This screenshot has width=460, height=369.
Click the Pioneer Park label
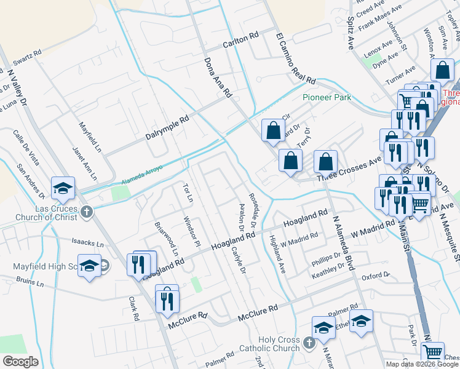pyautogui.click(x=327, y=97)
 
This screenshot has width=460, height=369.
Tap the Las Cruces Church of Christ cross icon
pyautogui.click(x=87, y=213)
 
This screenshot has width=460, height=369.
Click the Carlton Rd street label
pyautogui.click(x=240, y=38)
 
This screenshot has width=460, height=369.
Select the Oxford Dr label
pyautogui.click(x=375, y=276)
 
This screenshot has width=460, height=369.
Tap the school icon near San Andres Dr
pyautogui.click(x=62, y=188)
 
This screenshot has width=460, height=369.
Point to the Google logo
pyautogui.click(x=20, y=361)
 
